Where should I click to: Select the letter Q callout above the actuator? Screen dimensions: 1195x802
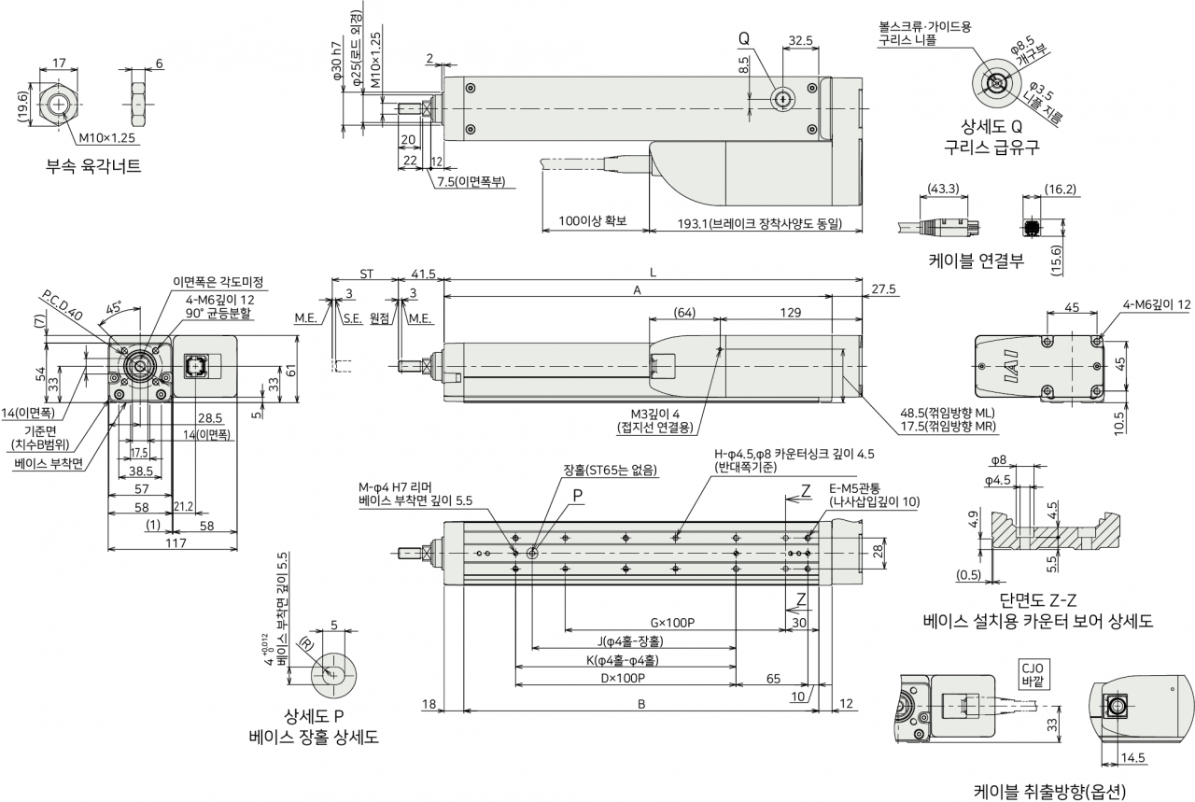pyautogui.click(x=744, y=38)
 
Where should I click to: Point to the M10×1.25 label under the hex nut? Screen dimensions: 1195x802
pyautogui.click(x=106, y=137)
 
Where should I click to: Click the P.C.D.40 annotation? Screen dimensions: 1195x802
pyautogui.click(x=62, y=305)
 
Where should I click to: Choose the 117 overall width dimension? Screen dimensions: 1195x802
pyautogui.click(x=176, y=542)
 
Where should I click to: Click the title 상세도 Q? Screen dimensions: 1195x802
pyautogui.click(x=991, y=126)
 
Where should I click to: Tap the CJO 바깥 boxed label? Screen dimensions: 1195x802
pyautogui.click(x=1033, y=675)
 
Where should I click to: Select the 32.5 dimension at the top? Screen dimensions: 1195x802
pyautogui.click(x=800, y=40)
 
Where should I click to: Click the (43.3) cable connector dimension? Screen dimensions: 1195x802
pyautogui.click(x=943, y=189)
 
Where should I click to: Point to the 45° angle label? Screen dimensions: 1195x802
pyautogui.click(x=114, y=308)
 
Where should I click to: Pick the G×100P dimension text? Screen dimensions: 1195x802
pyautogui.click(x=672, y=623)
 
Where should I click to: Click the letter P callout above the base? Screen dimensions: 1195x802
pyautogui.click(x=577, y=496)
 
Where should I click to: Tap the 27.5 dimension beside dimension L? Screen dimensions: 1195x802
pyautogui.click(x=883, y=289)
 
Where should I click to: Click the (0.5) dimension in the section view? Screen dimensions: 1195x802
pyautogui.click(x=968, y=575)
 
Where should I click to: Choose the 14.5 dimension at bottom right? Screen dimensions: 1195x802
pyautogui.click(x=1132, y=758)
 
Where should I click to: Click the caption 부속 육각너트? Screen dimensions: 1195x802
pyautogui.click(x=93, y=166)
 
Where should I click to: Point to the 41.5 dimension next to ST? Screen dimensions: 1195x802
pyautogui.click(x=424, y=274)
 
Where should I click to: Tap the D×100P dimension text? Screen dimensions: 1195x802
pyautogui.click(x=623, y=678)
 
